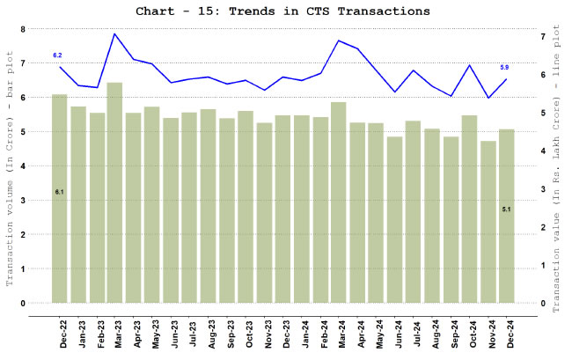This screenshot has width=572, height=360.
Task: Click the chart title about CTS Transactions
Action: pyautogui.click(x=283, y=11)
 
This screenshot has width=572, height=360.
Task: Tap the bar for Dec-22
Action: pyautogui.click(x=60, y=198)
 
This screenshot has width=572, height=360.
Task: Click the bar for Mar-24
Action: pyautogui.click(x=338, y=202)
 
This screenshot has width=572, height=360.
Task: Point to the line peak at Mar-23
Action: pyautogui.click(x=114, y=34)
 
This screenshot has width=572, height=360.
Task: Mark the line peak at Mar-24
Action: pyautogui.click(x=338, y=40)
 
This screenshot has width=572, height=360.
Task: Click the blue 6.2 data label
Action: pyautogui.click(x=58, y=55)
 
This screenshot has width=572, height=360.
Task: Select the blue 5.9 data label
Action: pyautogui.click(x=504, y=68)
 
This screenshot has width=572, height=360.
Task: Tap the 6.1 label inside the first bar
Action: pyautogui.click(x=59, y=191)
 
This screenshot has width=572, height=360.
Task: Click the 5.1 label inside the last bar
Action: pyautogui.click(x=506, y=209)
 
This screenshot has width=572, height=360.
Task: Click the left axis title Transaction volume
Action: pyautogui.click(x=10, y=167)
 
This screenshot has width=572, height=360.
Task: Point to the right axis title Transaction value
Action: pyautogui.click(x=558, y=167)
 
